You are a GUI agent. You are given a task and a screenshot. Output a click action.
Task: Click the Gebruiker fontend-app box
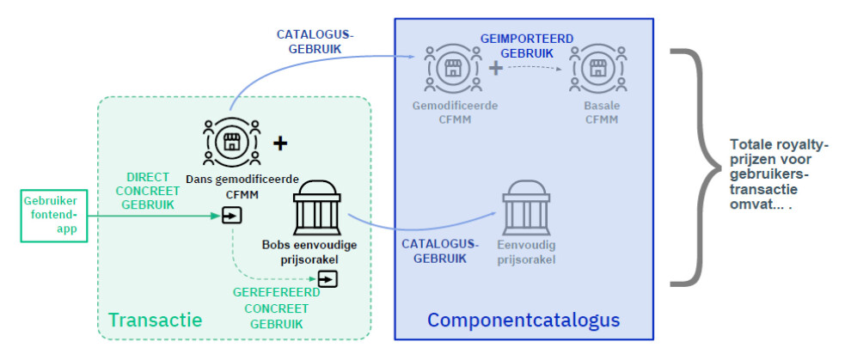click(53, 216)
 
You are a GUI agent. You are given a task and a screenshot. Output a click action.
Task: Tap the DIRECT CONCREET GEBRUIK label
click(148, 191)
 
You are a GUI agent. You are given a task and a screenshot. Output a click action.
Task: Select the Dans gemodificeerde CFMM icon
click(231, 142)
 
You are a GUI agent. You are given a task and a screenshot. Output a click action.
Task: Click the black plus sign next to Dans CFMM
click(280, 143)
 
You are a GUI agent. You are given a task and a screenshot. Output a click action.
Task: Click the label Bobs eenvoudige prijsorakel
click(309, 253)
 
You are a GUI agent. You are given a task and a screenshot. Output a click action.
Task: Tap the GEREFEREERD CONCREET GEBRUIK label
click(277, 308)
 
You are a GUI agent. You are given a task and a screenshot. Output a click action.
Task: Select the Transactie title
click(156, 320)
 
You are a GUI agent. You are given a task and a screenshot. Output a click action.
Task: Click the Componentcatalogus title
click(524, 320)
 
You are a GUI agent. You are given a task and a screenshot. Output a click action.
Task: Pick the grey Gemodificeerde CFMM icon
click(452, 68)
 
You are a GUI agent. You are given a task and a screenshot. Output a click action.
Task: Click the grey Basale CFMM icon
click(597, 69)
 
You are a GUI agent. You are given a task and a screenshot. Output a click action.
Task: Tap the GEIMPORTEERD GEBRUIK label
click(526, 46)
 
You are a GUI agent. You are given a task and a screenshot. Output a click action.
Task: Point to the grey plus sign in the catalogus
click(496, 69)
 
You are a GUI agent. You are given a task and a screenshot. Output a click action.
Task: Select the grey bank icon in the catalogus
click(526, 207)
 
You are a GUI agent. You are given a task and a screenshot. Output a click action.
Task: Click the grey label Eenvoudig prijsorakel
click(526, 253)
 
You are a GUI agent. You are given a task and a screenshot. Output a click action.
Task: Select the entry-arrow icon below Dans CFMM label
click(232, 217)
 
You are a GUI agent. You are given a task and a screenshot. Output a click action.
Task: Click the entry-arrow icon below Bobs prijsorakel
click(328, 279)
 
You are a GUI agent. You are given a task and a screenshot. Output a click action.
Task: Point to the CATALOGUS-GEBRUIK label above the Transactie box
click(315, 41)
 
